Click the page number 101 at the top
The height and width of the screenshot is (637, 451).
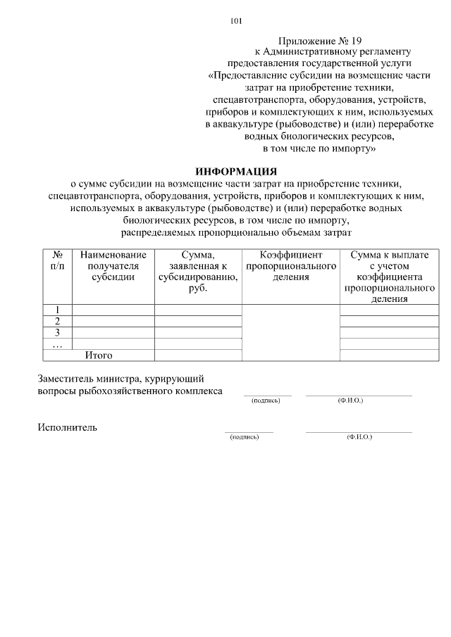tap(236, 21)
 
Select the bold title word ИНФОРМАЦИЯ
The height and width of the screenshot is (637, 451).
tap(236, 171)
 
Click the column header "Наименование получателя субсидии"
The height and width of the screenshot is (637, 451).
tap(113, 265)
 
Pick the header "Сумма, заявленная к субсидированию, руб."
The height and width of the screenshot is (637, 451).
tap(198, 271)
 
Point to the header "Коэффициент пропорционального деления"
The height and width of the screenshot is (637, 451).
tap(290, 265)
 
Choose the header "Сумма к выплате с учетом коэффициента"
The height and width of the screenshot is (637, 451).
tap(389, 276)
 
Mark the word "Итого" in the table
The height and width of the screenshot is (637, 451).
tap(99, 355)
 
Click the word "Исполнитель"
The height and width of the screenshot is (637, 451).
tap(68, 427)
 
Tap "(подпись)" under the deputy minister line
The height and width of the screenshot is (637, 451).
tap(266, 401)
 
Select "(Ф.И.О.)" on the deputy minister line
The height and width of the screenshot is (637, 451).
tap(350, 401)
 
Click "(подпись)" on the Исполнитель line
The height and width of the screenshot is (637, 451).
tap(245, 437)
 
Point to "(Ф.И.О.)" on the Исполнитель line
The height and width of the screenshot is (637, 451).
tap(359, 437)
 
